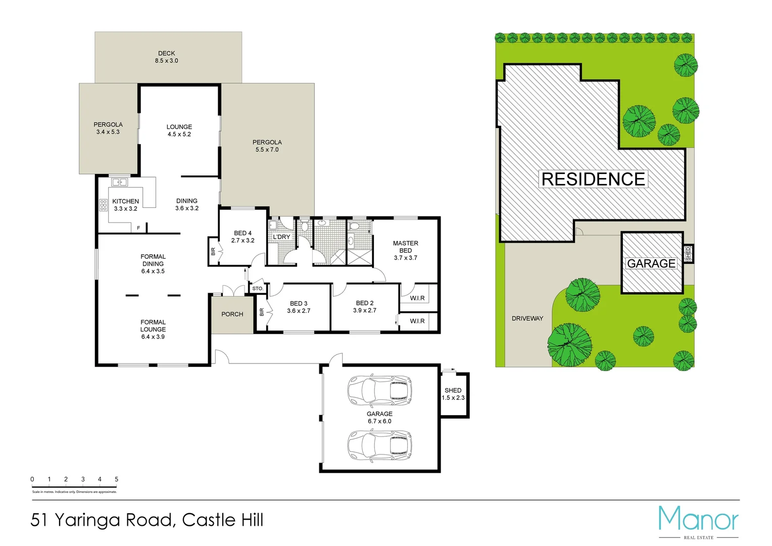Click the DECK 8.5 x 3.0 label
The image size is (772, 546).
166,57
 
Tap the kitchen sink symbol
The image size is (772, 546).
119,182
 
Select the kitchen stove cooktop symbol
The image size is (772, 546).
103,205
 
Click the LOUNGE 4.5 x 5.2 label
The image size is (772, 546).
179,130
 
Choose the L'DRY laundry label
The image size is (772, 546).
281,237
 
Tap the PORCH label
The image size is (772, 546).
232,314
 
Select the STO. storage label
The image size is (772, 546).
258,289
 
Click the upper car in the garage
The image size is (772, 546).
379,390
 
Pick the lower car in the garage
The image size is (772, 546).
379,445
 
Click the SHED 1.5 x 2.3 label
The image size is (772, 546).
453,394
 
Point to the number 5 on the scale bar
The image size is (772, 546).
116,479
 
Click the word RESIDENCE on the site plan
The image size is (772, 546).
593,179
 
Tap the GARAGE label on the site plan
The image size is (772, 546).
651,263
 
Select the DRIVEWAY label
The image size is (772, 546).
527,318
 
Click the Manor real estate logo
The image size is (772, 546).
698,521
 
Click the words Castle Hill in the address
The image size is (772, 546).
222,520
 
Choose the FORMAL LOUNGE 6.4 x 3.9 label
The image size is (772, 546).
153,329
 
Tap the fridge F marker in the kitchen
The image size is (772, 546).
138,228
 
